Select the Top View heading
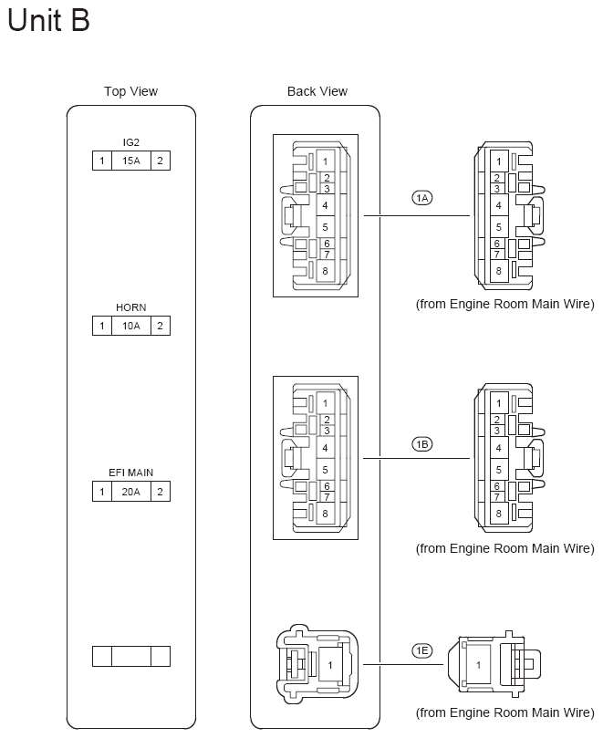click(x=130, y=91)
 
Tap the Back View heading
click(x=317, y=91)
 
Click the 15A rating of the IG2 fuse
click(x=131, y=161)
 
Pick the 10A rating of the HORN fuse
click(x=131, y=326)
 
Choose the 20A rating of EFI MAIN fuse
click(x=131, y=493)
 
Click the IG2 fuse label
click(x=131, y=143)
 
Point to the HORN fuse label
click(x=131, y=308)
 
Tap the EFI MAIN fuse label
click(x=131, y=474)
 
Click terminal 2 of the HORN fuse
click(x=160, y=326)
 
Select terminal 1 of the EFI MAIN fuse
click(x=102, y=493)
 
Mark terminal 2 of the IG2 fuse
click(x=160, y=161)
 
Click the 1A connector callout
click(x=421, y=198)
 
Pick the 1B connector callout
click(x=421, y=444)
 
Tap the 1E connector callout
click(x=421, y=650)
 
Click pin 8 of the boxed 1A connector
click(x=325, y=270)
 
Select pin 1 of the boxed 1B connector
click(x=325, y=402)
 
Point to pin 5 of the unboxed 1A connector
click(x=498, y=226)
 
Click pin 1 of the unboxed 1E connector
click(x=478, y=666)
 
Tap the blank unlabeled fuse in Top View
click(x=131, y=656)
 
